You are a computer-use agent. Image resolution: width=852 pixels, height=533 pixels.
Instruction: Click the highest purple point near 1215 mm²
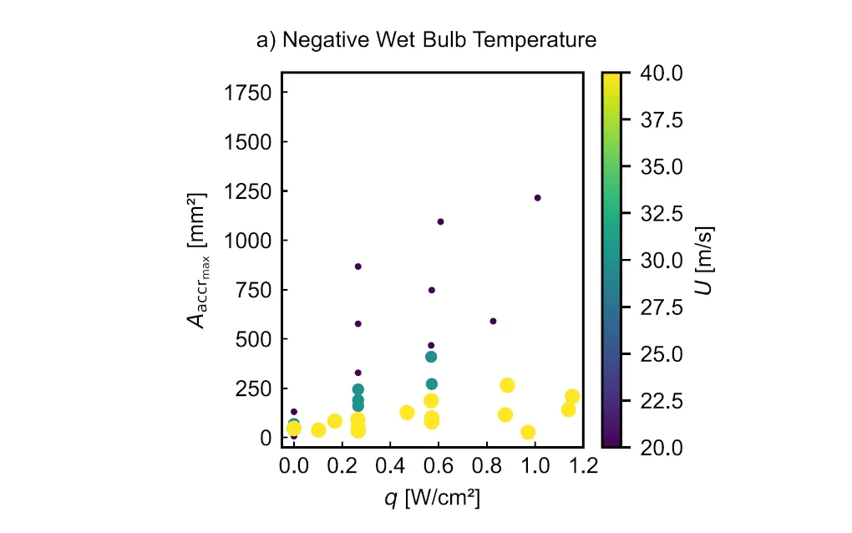click(537, 198)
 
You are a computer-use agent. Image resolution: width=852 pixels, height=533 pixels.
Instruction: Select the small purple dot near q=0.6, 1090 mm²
click(440, 221)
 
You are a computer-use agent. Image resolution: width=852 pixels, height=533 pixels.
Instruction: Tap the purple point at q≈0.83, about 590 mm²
click(493, 321)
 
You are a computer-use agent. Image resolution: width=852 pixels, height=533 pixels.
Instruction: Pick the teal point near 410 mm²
click(431, 357)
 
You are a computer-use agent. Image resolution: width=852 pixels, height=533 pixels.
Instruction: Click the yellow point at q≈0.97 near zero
click(528, 432)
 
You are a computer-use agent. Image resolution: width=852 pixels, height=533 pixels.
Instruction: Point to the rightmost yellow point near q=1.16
click(572, 397)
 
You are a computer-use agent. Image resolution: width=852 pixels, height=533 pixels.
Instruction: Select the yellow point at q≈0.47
click(407, 412)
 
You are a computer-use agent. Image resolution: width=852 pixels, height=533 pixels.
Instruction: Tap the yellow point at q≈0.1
click(318, 429)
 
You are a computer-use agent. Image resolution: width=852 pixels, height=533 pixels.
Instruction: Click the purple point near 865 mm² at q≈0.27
click(358, 266)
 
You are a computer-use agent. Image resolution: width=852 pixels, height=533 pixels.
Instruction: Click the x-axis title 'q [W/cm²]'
click(432, 498)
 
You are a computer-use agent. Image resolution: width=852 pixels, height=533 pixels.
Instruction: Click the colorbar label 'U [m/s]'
click(708, 260)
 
